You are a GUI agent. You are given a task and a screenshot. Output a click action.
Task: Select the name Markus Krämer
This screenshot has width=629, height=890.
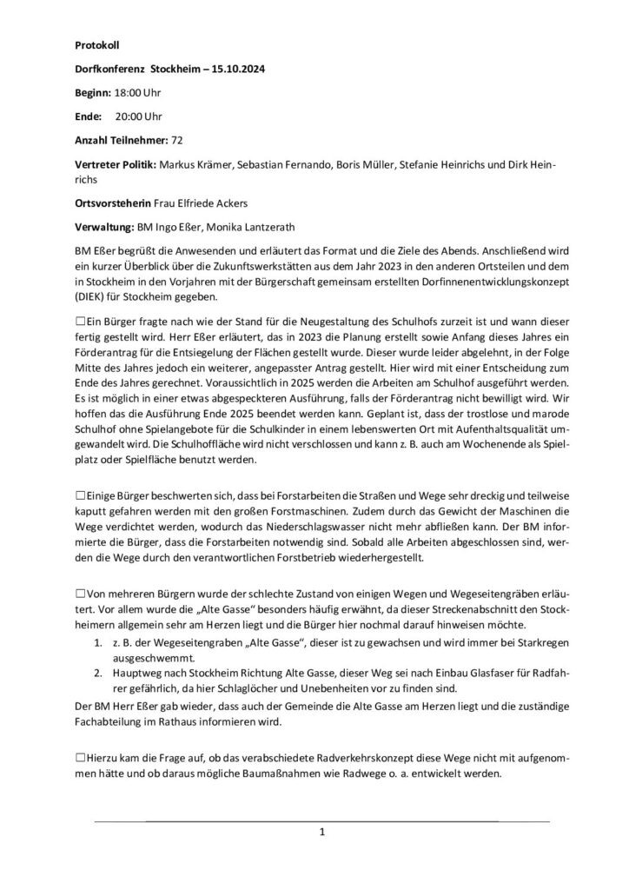coord(193,165)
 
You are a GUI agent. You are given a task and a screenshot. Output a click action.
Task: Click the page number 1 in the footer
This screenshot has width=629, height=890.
coord(322,833)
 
